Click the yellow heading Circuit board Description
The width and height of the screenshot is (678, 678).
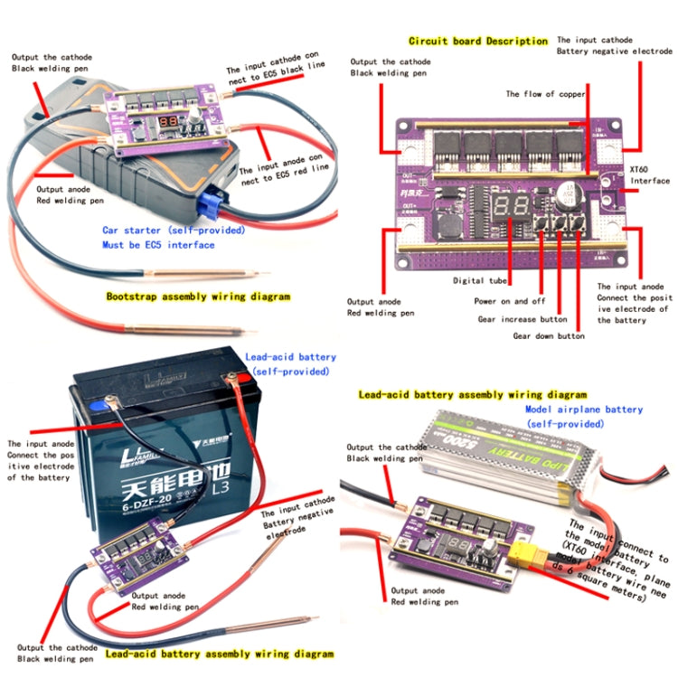click(x=478, y=41)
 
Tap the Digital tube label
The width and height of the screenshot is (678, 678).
click(x=482, y=281)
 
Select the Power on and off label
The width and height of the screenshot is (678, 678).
click(x=511, y=300)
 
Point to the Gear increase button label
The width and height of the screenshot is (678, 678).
click(x=522, y=318)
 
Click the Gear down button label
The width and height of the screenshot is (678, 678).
click(x=549, y=335)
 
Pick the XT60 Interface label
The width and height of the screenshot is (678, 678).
click(x=649, y=174)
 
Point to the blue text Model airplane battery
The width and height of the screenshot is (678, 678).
click(x=584, y=410)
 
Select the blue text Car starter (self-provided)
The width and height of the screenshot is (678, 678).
click(x=158, y=231)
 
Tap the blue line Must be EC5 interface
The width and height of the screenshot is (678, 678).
click(x=158, y=245)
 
